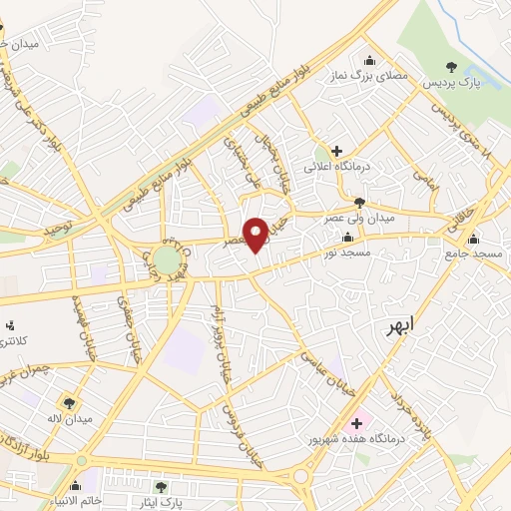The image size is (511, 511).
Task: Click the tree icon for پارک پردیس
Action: click(452, 67)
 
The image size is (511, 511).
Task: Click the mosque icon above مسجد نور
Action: click(347, 238)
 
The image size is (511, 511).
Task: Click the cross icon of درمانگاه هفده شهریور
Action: click(357, 423)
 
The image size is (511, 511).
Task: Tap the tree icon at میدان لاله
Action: click(68, 402)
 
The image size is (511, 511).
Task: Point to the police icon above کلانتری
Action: click(11, 324)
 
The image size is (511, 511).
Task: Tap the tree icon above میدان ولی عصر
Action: click(358, 202)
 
